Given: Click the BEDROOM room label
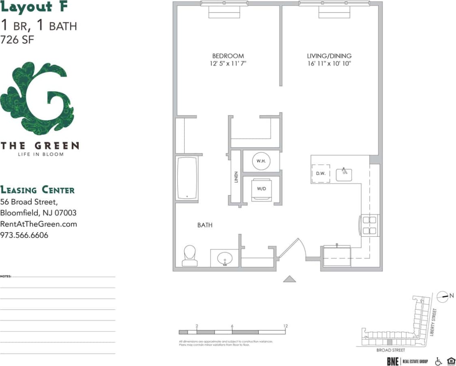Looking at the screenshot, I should click(x=228, y=56).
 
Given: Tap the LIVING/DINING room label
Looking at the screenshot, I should click(x=329, y=56).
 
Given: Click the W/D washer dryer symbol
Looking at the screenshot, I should click(x=261, y=188).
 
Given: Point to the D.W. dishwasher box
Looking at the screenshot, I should click(x=320, y=173).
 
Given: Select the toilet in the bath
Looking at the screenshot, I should click(x=189, y=256).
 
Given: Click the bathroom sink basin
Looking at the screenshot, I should click(x=224, y=258).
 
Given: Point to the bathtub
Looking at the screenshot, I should click(x=187, y=178).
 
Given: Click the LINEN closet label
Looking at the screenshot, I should click(x=236, y=177).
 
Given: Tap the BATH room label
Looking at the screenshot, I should click(x=205, y=225).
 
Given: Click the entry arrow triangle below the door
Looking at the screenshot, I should click(x=289, y=278).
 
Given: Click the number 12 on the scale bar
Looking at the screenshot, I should click(x=286, y=326).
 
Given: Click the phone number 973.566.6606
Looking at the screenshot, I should click(x=24, y=235).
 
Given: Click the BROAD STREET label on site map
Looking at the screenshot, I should click(x=390, y=350).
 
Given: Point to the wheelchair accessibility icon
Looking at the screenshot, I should click(x=438, y=361).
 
